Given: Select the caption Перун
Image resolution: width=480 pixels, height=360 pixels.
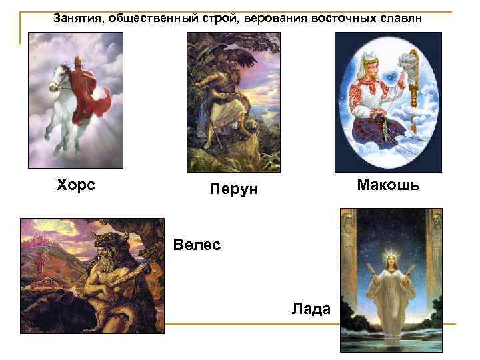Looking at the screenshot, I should pyautogui.click(x=233, y=191).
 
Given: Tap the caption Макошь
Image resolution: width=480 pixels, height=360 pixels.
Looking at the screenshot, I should pyautogui.click(x=388, y=184).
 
